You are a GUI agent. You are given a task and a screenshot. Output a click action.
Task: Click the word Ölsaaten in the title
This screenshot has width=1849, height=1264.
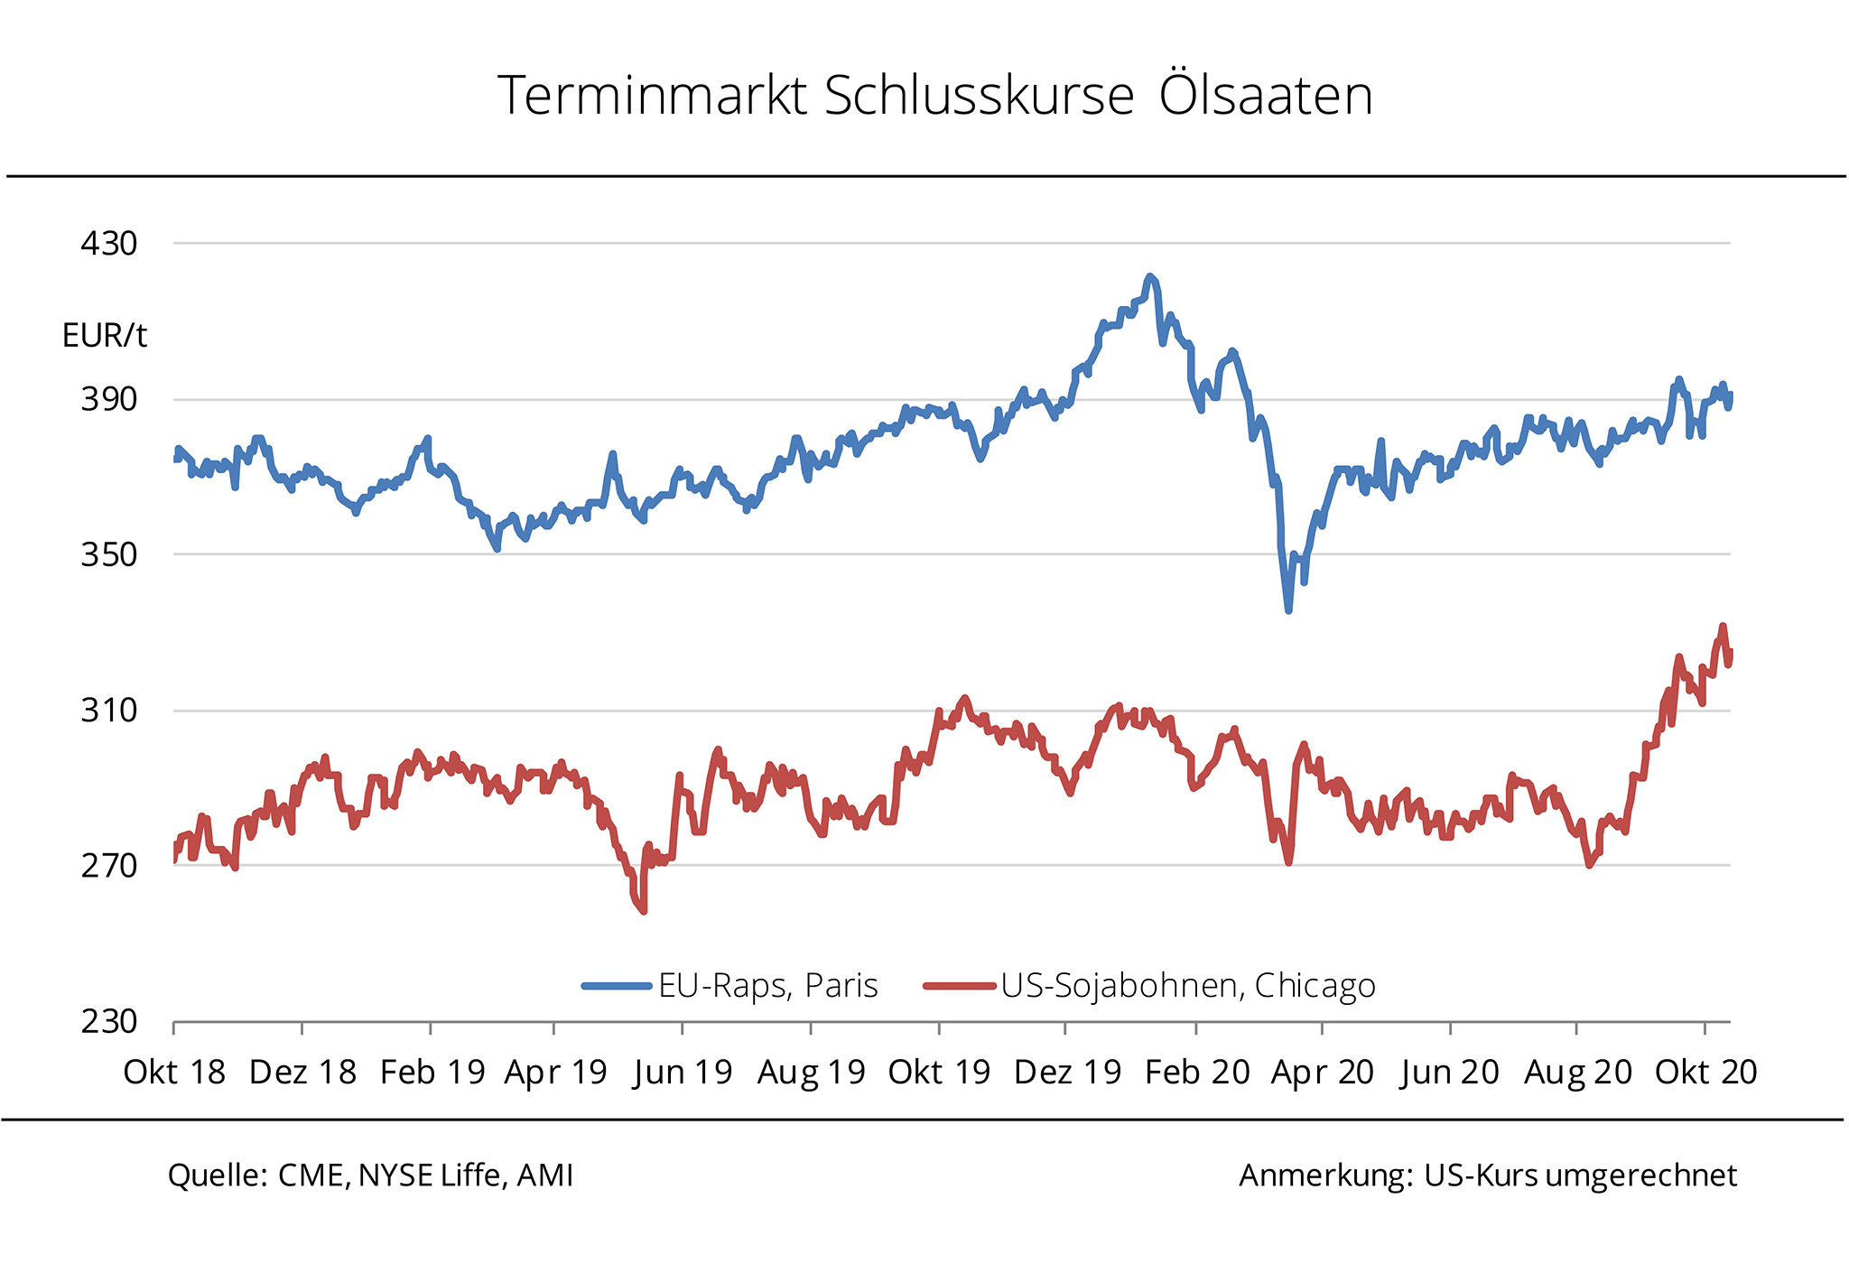pyautogui.click(x=1265, y=95)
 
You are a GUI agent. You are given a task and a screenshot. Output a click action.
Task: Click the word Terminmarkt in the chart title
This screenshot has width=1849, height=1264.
pyautogui.click(x=652, y=95)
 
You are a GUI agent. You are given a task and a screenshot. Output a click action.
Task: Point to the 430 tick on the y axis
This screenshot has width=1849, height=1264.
pyautogui.click(x=109, y=243)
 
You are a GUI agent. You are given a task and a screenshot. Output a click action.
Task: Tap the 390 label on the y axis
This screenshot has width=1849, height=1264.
pyautogui.click(x=109, y=399)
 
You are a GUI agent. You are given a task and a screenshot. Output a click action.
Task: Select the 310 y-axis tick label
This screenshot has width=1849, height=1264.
pyautogui.click(x=109, y=711)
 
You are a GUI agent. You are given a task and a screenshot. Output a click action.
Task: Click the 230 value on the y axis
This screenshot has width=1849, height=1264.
pyautogui.click(x=109, y=1021)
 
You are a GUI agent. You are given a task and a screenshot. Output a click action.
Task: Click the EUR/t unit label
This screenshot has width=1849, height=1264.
pyautogui.click(x=104, y=336)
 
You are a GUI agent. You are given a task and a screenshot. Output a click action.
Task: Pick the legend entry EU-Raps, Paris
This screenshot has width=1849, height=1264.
pyautogui.click(x=767, y=985)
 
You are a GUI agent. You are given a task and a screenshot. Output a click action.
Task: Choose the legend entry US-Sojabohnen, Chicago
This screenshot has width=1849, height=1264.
pyautogui.click(x=1187, y=985)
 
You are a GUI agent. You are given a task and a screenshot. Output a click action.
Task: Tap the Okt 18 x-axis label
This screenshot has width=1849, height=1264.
pyautogui.click(x=174, y=1073)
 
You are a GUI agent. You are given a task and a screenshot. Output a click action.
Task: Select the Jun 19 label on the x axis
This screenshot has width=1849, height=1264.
pyautogui.click(x=683, y=1073)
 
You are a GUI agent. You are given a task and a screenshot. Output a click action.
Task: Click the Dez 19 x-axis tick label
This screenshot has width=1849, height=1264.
pyautogui.click(x=1067, y=1073)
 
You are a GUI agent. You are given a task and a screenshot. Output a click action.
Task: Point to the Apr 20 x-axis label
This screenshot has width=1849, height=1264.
pyautogui.click(x=1322, y=1073)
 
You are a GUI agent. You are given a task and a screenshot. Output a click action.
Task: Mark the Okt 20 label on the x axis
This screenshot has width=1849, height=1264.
pyautogui.click(x=1705, y=1073)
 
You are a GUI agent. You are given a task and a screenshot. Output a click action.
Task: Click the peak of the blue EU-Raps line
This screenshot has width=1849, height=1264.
pyautogui.click(x=1149, y=276)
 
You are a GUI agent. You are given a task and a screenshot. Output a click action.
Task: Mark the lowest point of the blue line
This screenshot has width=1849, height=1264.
pyautogui.click(x=1288, y=610)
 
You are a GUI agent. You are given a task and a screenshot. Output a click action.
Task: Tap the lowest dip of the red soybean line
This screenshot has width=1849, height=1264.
pyautogui.click(x=644, y=911)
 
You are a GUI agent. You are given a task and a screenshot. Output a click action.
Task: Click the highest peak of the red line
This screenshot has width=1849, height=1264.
pyautogui.click(x=1723, y=626)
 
